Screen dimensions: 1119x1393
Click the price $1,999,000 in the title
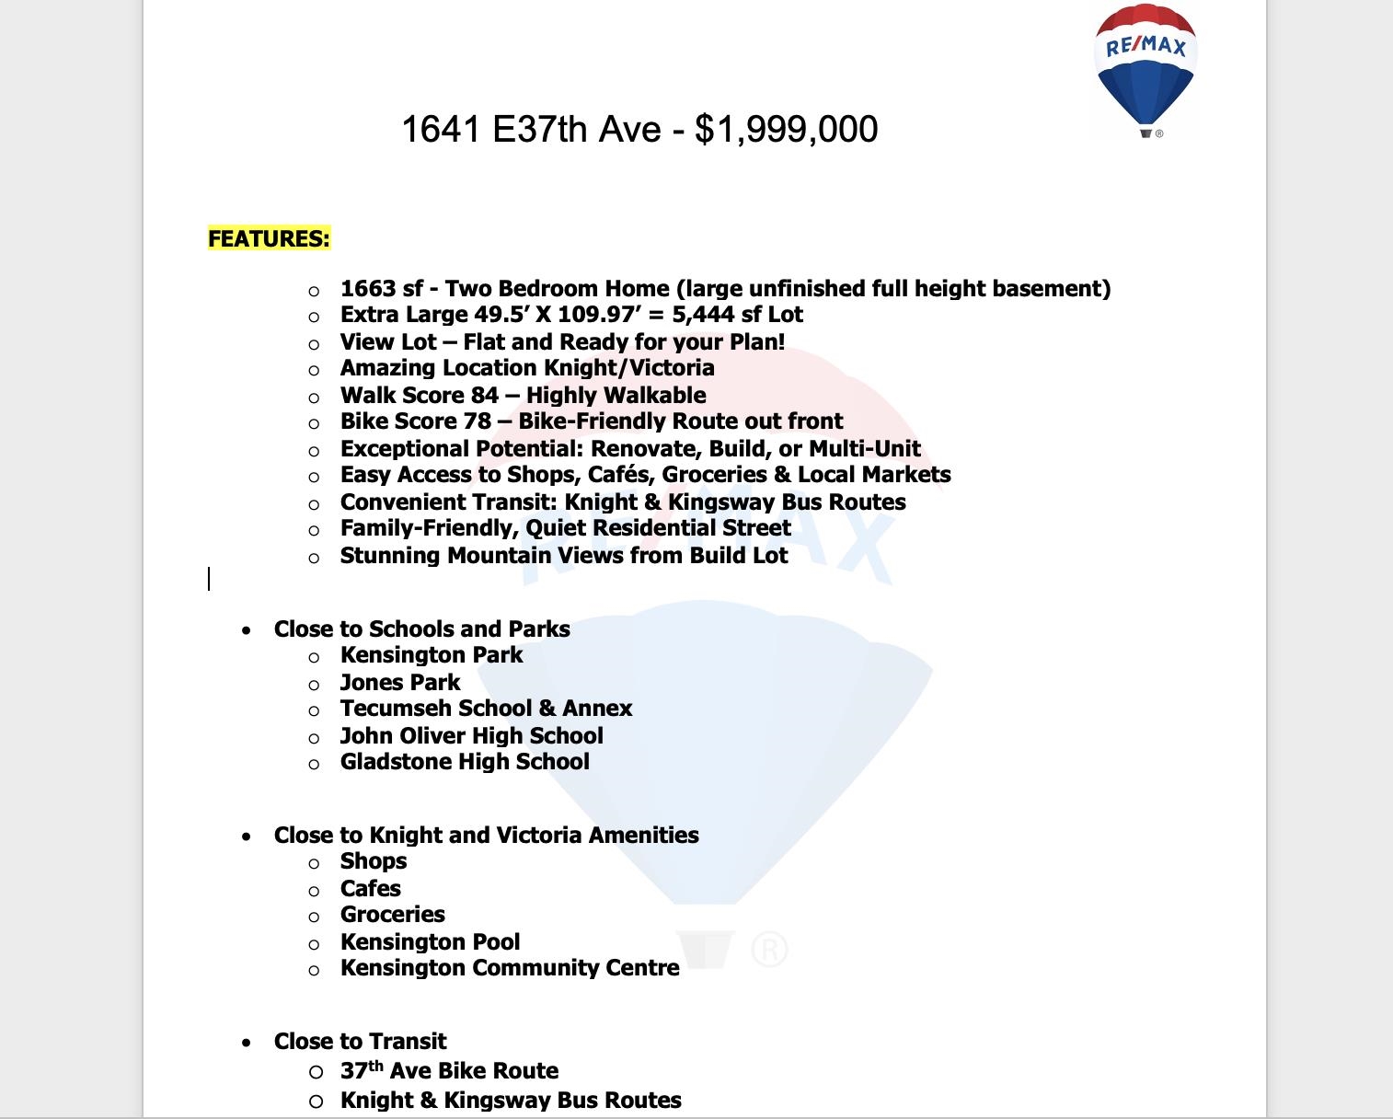[x=786, y=129]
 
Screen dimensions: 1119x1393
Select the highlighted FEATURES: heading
[x=269, y=238]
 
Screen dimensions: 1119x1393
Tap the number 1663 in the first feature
[x=368, y=289]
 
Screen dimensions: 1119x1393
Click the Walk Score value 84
[x=485, y=396]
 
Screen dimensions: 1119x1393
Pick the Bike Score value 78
[x=477, y=421]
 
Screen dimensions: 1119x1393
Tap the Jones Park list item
[x=400, y=683]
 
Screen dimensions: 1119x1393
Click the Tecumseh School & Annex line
[x=486, y=709]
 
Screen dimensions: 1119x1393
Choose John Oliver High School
[x=471, y=736]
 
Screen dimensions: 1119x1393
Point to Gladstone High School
[x=465, y=762]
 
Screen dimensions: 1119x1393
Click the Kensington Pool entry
[x=430, y=942]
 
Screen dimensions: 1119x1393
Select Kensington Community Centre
[x=510, y=968]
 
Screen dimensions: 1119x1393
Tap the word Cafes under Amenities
[x=370, y=889]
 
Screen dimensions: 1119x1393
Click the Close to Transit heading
[x=360, y=1042]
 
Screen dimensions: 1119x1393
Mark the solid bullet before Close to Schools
[x=246, y=631]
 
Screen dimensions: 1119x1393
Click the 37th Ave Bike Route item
[x=449, y=1071]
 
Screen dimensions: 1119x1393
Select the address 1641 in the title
[x=441, y=129]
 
